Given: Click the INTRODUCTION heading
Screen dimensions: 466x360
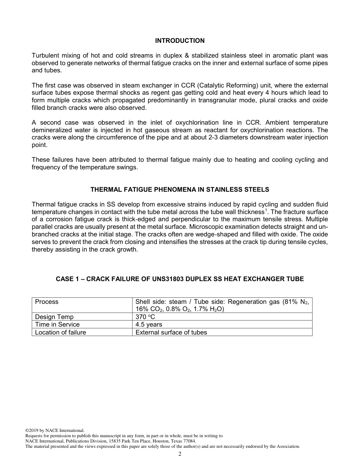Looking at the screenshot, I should pos(180,41).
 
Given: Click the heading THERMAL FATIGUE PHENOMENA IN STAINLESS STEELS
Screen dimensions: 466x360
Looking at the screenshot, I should pos(180,189).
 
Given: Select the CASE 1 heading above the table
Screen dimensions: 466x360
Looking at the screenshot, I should pos(180,279).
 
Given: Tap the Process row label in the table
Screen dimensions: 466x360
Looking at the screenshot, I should pos(47,302).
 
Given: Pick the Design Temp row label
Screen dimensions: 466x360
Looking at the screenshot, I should pos(54,317).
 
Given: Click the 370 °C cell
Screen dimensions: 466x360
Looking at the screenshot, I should pos(145,317).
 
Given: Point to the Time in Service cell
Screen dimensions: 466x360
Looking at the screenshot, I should pos(57,324).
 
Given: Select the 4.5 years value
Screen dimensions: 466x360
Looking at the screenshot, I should pos(149,324).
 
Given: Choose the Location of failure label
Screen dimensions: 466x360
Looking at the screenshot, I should pos(60,332).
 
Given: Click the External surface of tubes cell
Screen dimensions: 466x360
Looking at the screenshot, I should pos(171,332).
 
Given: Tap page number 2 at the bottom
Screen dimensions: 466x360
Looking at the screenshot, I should pos(180,454).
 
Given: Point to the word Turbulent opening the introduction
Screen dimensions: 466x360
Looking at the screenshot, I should pos(45,56).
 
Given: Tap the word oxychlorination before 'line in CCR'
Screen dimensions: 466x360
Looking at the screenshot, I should pos(197,123).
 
